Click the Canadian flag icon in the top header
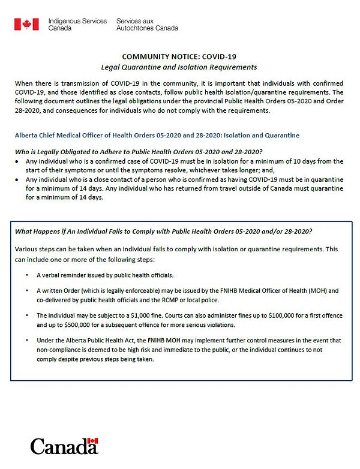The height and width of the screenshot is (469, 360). (x=22, y=24)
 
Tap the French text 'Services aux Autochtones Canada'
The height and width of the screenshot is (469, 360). (x=147, y=24)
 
